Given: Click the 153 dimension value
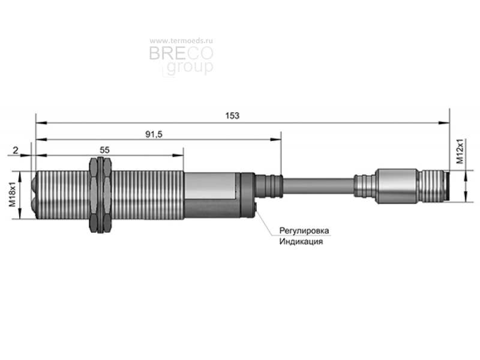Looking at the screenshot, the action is pyautogui.click(x=232, y=116).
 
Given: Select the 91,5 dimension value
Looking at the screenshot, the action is pyautogui.click(x=154, y=134).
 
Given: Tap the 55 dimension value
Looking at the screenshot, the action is pyautogui.click(x=104, y=150).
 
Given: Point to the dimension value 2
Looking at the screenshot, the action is pyautogui.click(x=16, y=151).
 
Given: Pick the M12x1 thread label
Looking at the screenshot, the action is pyautogui.click(x=460, y=151).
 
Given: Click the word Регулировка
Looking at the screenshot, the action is pyautogui.click(x=304, y=230).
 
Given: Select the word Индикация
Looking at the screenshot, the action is pyautogui.click(x=301, y=242).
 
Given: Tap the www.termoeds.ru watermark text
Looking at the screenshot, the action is pyautogui.click(x=181, y=41).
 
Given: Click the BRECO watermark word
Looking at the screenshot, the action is pyautogui.click(x=181, y=53).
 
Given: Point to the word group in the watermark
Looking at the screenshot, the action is pyautogui.click(x=190, y=67).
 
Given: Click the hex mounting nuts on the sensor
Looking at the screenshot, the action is pyautogui.click(x=100, y=195).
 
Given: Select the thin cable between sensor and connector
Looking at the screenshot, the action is pyautogui.click(x=319, y=186).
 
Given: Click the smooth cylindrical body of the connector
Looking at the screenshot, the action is pyautogui.click(x=397, y=186).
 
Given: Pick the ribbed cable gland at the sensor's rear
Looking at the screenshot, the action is pyautogui.click(x=269, y=186).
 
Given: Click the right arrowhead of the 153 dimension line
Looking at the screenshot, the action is pyautogui.click(x=444, y=123).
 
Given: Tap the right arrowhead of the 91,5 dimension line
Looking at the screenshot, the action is pyautogui.click(x=275, y=140).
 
